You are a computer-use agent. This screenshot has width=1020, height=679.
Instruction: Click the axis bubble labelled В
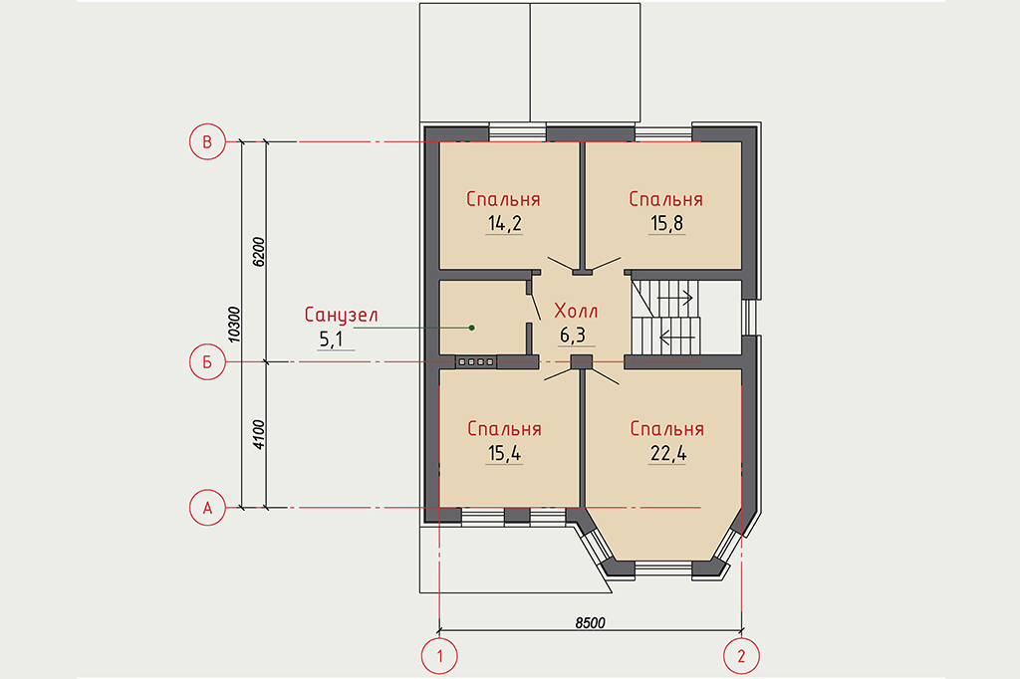coord(207,141)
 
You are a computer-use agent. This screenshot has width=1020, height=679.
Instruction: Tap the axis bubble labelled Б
coord(207,361)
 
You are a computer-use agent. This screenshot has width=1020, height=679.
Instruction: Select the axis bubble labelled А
coord(207,508)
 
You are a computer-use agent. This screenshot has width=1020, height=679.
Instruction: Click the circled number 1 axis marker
coord(439,655)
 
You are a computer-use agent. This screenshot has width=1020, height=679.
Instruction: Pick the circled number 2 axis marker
coord(741,655)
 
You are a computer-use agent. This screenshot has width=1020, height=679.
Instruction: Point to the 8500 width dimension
coord(590,623)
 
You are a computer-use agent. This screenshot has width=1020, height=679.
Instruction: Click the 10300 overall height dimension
coord(235,325)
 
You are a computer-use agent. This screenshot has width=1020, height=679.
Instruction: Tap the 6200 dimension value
coord(258,252)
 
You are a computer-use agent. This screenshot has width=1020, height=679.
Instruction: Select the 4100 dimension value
coord(258,435)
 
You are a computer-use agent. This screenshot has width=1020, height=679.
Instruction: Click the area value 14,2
coord(505,224)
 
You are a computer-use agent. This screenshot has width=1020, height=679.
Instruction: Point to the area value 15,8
coord(666,224)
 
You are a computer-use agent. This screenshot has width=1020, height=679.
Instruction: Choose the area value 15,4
coord(505,453)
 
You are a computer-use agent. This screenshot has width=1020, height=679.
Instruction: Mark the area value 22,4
coord(668,453)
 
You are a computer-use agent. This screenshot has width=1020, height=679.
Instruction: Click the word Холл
coord(576,311)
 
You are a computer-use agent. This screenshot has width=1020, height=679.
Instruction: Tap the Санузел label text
coord(341,316)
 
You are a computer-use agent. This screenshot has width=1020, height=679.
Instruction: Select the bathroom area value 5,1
coord(331,339)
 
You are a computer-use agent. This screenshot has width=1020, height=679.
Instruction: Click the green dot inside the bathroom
coord(471,328)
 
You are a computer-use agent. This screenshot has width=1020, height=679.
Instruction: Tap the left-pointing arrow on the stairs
coord(677,337)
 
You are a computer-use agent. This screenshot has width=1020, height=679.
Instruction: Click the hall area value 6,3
coord(573,335)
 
